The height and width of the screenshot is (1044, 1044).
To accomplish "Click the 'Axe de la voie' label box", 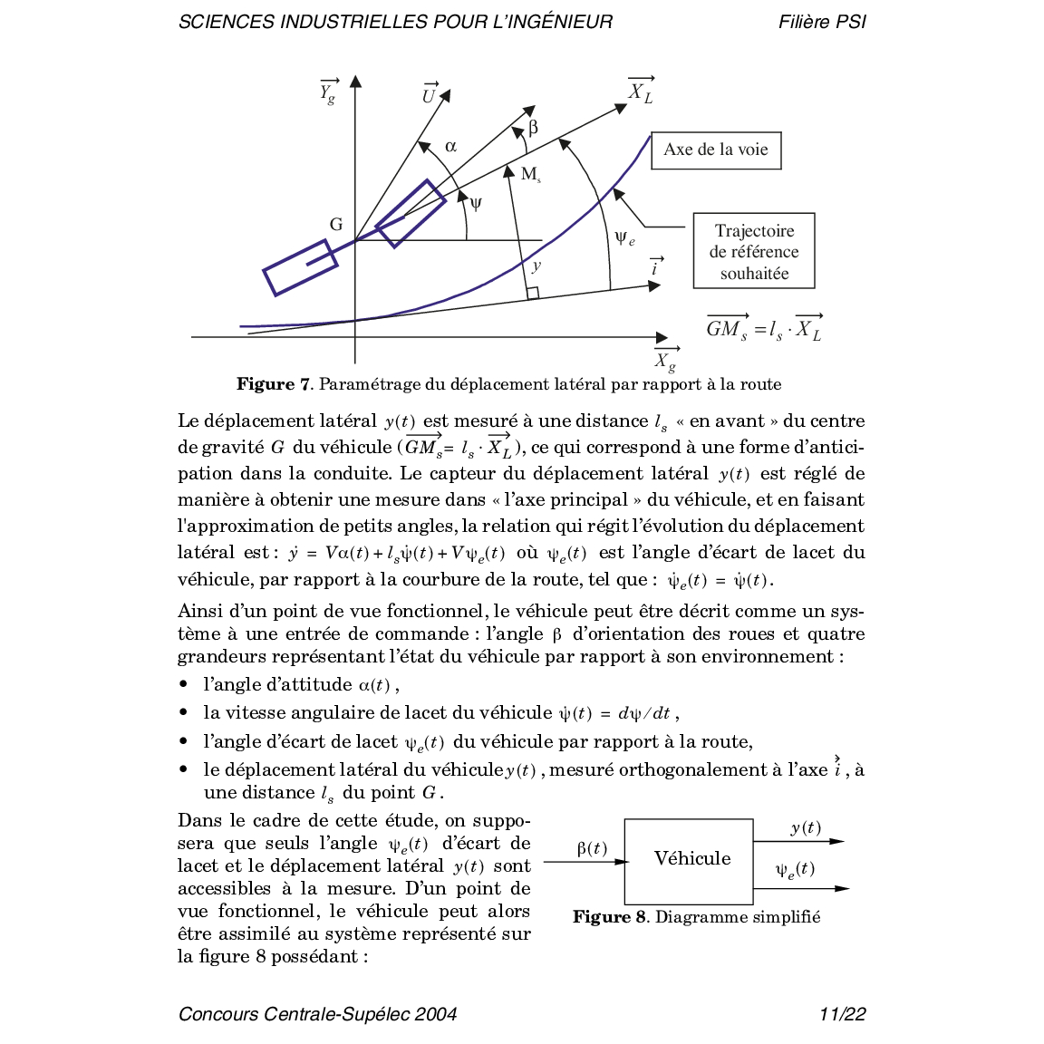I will pyautogui.click(x=716, y=150).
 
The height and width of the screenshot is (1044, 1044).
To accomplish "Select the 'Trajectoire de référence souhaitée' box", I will pyautogui.click(x=754, y=251).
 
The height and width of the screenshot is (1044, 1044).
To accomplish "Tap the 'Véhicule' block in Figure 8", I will pyautogui.click(x=690, y=860).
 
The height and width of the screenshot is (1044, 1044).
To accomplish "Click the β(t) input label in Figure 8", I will pyautogui.click(x=592, y=848).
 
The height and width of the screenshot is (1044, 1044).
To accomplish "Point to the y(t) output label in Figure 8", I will pyautogui.click(x=806, y=827).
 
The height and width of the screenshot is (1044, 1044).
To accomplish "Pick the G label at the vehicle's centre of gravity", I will pyautogui.click(x=336, y=224).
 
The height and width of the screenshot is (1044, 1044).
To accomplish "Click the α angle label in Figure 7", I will pyautogui.click(x=450, y=146).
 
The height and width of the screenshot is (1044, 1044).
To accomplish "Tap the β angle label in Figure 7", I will pyautogui.click(x=533, y=128).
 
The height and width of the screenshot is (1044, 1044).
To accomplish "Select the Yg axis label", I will pyautogui.click(x=328, y=92).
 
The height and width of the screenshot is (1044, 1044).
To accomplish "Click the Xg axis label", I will pyautogui.click(x=666, y=360).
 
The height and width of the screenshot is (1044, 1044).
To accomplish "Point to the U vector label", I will pyautogui.click(x=429, y=94).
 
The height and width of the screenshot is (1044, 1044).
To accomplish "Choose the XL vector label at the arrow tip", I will pyautogui.click(x=641, y=91).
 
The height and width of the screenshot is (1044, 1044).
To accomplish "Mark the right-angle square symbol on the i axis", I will pyautogui.click(x=533, y=293).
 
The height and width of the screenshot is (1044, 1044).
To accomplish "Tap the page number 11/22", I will pyautogui.click(x=842, y=1014).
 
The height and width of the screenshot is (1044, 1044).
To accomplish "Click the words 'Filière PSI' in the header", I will pyautogui.click(x=822, y=22).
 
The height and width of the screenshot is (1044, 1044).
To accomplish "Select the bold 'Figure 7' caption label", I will pyautogui.click(x=273, y=384).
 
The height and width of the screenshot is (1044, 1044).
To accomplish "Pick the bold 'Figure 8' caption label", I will pyautogui.click(x=609, y=917).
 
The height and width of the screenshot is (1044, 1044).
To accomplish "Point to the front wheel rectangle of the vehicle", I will pyautogui.click(x=411, y=213).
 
